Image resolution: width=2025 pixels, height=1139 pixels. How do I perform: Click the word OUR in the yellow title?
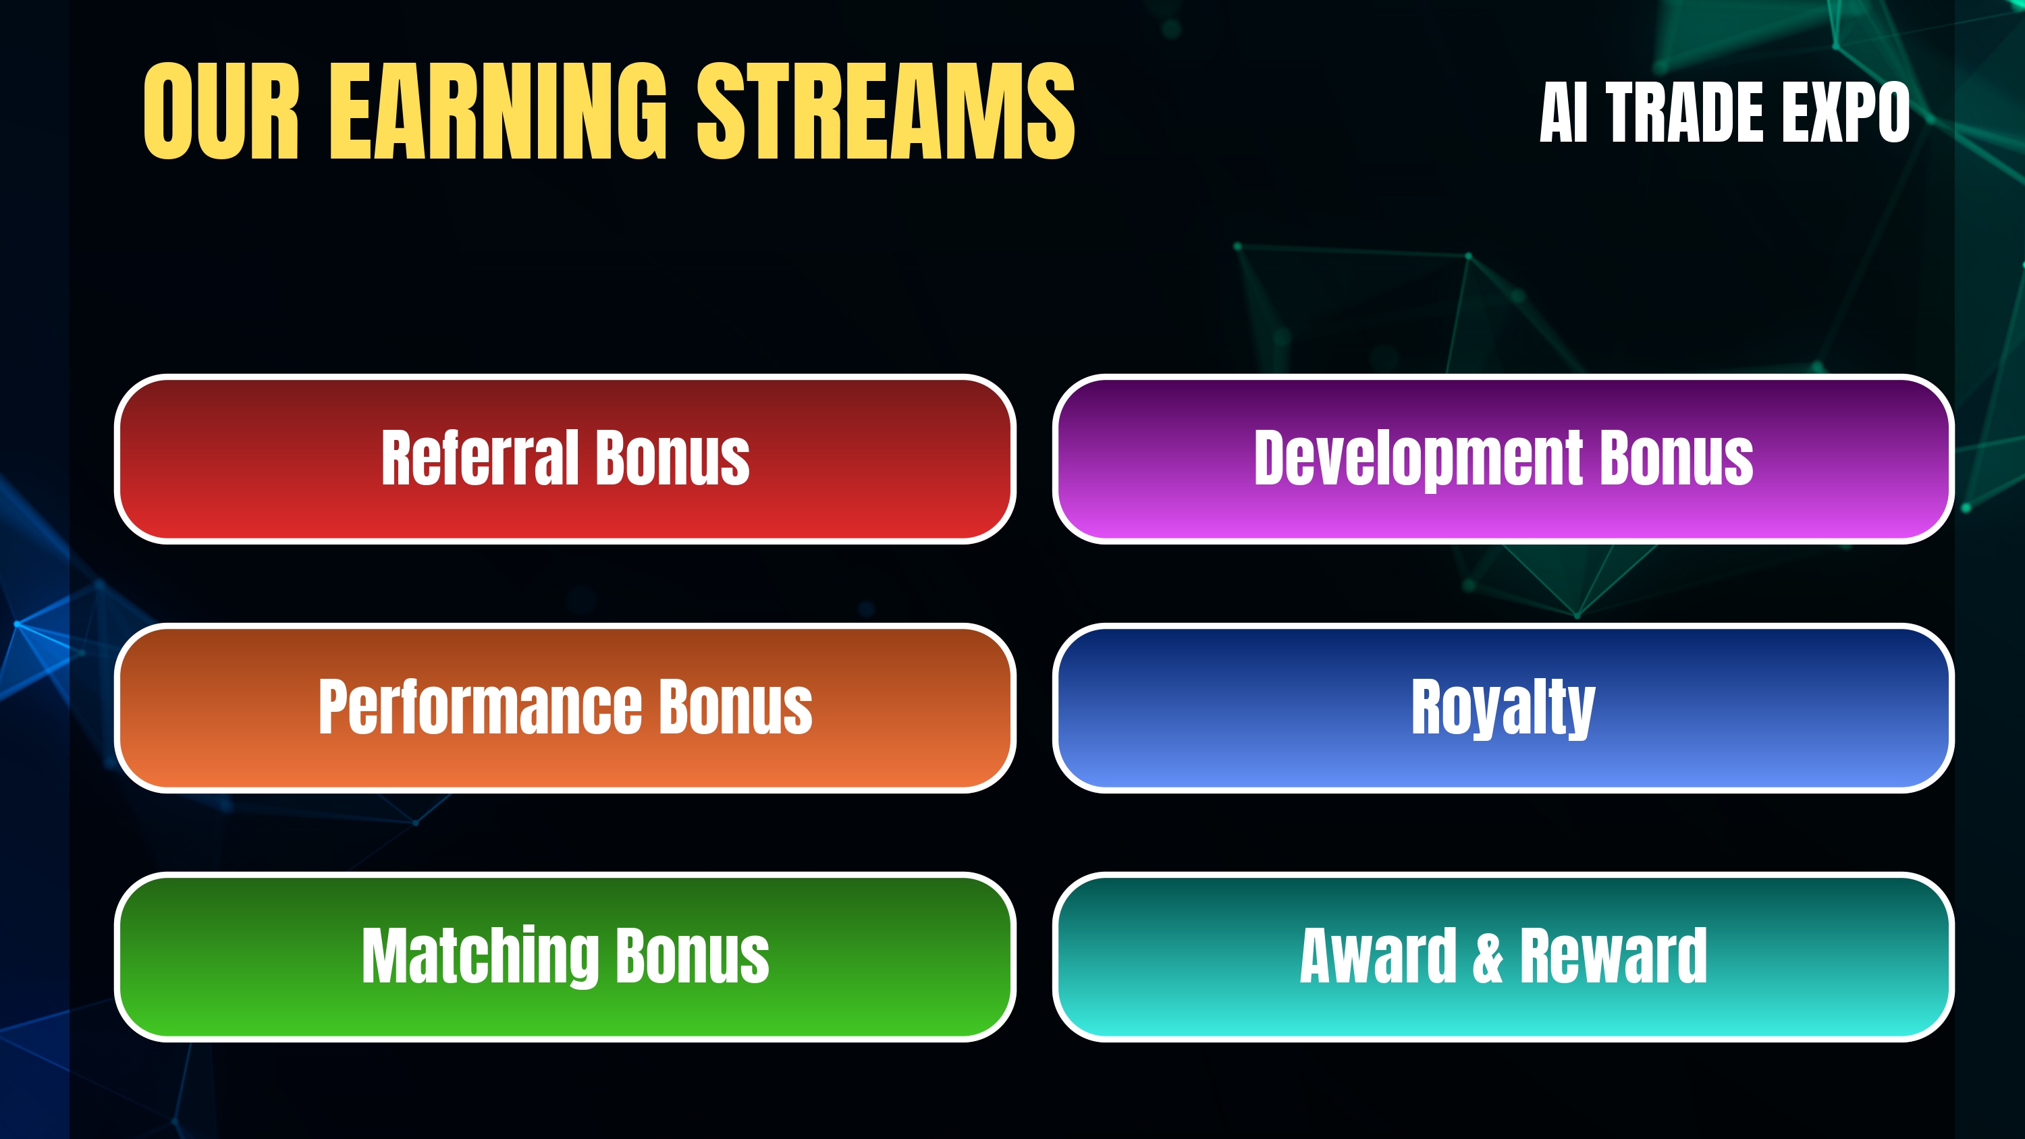coord(221,111)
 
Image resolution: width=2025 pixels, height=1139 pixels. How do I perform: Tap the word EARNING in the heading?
coord(498,111)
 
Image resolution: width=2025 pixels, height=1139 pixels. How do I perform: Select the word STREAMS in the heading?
coord(886,111)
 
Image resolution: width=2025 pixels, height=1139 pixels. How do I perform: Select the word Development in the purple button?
coord(1418,458)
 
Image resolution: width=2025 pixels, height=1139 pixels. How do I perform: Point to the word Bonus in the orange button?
coord(736,706)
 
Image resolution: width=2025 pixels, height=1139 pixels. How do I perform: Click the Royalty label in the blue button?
coord(1503,707)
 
